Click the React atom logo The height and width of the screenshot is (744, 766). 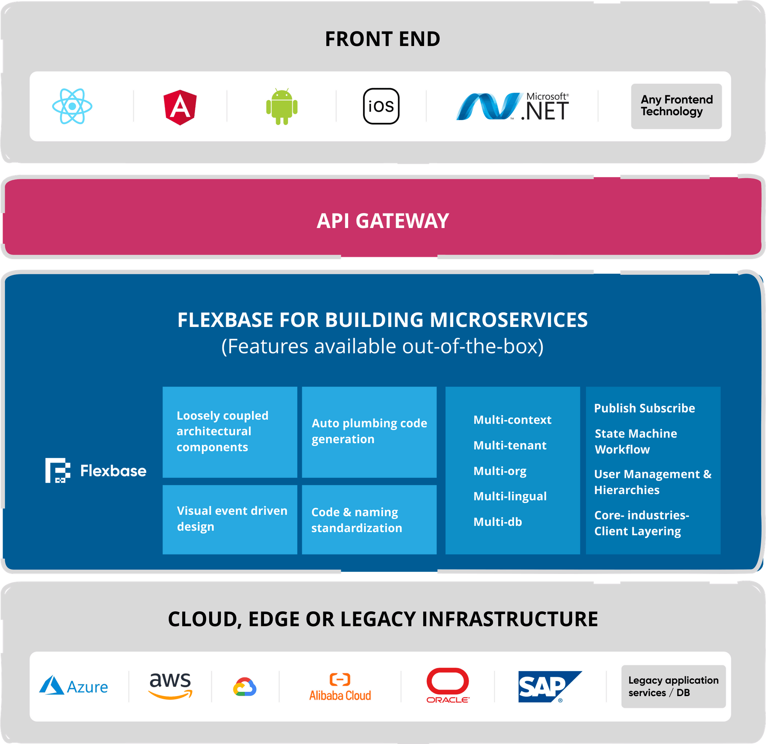[72, 106]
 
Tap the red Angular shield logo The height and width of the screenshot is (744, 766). [180, 107]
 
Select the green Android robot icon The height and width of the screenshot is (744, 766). [282, 107]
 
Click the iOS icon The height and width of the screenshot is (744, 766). [381, 106]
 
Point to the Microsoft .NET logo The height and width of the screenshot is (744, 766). [512, 107]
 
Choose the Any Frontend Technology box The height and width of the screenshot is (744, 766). [676, 106]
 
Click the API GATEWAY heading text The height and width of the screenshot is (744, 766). [383, 221]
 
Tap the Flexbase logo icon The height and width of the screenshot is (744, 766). [58, 470]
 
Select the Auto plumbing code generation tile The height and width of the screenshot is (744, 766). [369, 432]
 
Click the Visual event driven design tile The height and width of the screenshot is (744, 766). [230, 519]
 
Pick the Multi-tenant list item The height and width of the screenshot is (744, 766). [510, 445]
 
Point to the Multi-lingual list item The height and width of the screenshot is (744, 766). [510, 496]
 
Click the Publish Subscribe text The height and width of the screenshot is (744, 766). [644, 408]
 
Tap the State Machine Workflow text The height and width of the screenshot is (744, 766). [635, 441]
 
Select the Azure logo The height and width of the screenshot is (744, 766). [74, 687]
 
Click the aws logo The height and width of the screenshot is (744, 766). [170, 685]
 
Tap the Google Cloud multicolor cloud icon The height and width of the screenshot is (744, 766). [245, 687]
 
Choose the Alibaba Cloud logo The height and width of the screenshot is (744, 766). [340, 687]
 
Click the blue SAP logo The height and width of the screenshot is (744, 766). [549, 687]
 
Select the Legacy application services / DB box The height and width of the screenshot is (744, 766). [673, 686]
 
